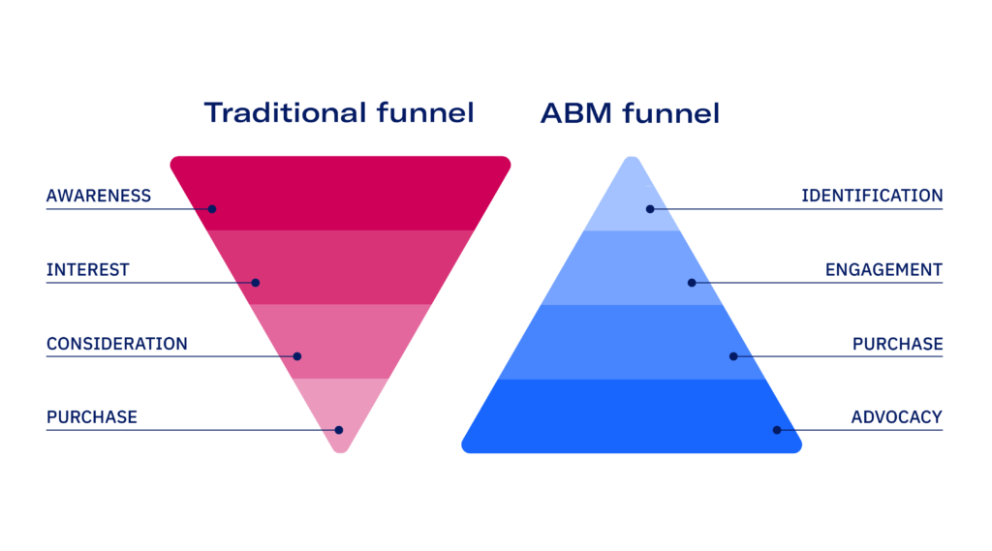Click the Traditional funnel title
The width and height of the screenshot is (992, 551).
339,113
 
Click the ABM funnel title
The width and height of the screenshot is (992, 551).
630,113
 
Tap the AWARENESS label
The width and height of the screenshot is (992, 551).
99,196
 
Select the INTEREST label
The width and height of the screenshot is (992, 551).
87,269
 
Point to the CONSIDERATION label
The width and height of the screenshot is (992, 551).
116,344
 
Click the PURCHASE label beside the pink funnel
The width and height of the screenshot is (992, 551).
92,417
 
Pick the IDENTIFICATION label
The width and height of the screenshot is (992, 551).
872,196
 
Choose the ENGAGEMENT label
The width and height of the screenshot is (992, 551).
883,269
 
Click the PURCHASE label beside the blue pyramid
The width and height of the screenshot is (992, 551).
897,344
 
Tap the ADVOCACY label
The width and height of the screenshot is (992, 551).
896,417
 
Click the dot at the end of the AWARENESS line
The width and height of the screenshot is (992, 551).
212,209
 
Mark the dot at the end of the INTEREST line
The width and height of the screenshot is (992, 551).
256,283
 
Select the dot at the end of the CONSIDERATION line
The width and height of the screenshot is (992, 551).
297,356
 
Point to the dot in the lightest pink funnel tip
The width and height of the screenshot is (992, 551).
339,430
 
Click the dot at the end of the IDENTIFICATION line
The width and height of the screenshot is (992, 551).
650,209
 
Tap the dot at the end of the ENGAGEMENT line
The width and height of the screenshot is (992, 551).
692,283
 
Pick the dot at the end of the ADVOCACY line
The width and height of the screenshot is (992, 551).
777,430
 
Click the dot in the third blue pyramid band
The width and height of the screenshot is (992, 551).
733,356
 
